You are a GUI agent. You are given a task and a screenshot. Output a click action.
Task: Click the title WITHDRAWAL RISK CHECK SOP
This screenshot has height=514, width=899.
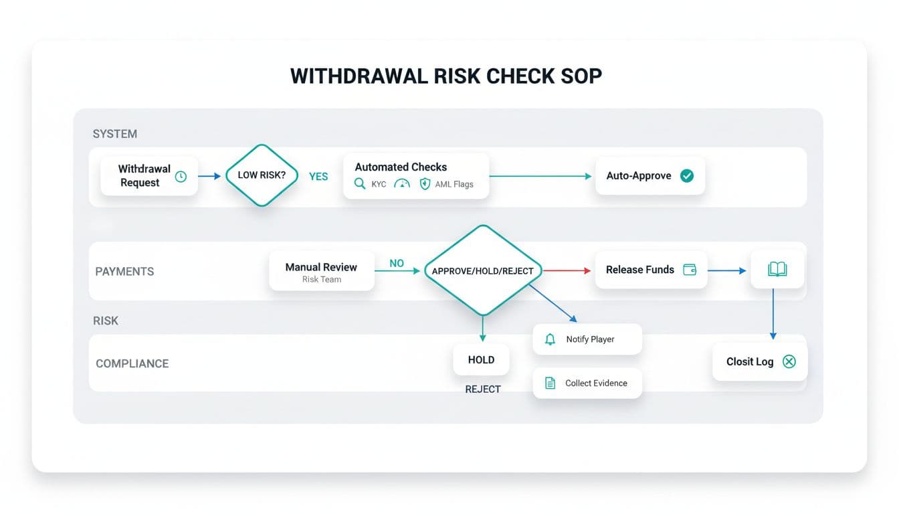click(446, 76)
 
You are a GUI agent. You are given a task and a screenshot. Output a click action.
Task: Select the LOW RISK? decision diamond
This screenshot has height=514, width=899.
click(262, 175)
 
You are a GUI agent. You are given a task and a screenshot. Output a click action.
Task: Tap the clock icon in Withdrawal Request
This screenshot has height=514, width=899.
click(181, 177)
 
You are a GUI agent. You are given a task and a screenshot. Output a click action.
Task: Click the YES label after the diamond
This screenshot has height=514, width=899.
click(318, 177)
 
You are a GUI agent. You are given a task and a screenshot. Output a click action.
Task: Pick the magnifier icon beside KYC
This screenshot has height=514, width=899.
click(360, 184)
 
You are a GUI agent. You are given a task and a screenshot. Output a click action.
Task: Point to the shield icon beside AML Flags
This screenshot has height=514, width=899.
click(425, 184)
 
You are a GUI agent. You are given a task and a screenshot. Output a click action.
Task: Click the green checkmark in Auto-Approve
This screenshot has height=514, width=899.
click(687, 176)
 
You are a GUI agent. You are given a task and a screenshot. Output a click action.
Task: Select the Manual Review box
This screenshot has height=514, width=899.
click(321, 271)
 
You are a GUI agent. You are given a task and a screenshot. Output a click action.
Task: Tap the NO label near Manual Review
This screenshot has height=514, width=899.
click(397, 264)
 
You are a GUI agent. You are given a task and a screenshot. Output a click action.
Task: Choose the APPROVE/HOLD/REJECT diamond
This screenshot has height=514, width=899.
click(482, 270)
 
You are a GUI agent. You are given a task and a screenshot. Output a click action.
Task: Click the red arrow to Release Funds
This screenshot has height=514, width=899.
click(567, 270)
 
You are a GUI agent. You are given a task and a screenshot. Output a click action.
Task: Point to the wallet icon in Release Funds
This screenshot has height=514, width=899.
click(690, 270)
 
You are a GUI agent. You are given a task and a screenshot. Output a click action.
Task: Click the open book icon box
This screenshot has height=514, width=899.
click(777, 270)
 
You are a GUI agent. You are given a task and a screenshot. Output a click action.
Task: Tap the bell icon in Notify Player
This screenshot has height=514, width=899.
click(550, 339)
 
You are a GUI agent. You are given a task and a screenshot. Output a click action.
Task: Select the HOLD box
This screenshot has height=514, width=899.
click(481, 360)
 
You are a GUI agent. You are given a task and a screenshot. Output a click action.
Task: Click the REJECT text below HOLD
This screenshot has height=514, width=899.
click(482, 389)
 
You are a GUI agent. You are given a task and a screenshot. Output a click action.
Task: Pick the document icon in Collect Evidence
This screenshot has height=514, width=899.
click(550, 383)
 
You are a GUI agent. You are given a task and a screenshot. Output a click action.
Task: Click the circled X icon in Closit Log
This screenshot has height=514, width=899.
click(789, 361)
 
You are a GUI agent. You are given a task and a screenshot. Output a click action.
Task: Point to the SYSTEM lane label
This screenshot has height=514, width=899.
click(115, 134)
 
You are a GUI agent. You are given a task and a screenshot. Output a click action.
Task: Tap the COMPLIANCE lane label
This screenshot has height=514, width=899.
click(132, 363)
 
